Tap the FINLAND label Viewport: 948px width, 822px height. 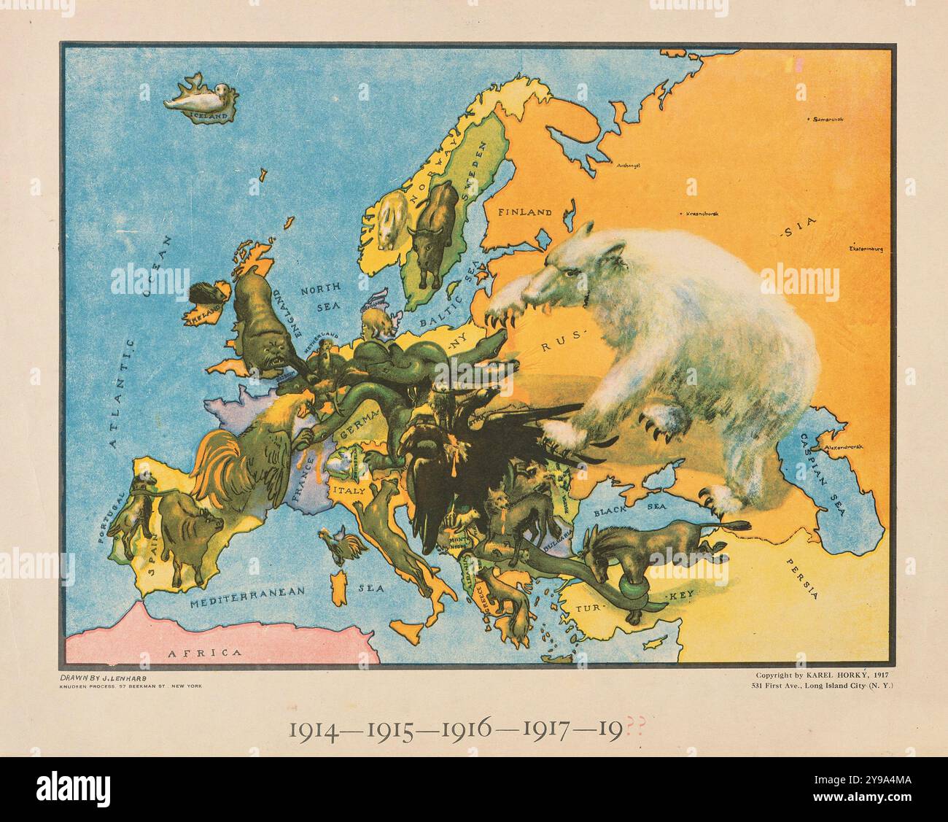click(525, 213)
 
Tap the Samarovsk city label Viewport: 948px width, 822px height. click(828, 119)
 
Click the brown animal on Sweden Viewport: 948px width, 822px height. click(432, 225)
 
